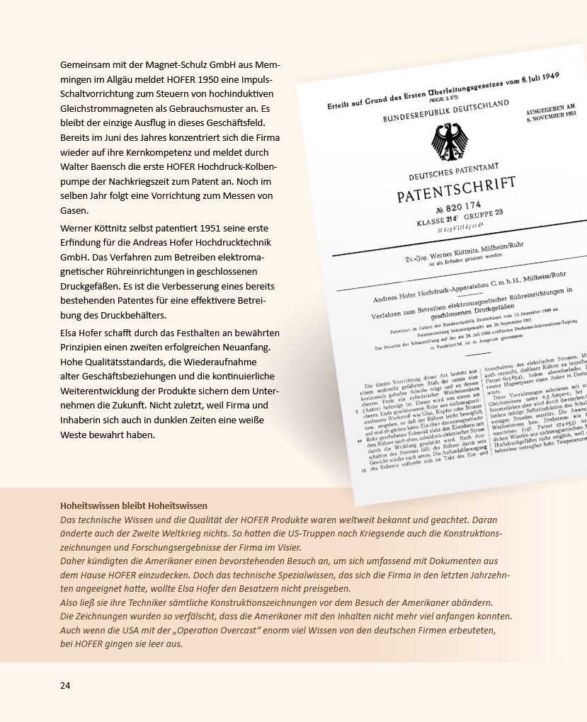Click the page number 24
(x=65, y=685)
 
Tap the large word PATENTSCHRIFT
(x=456, y=190)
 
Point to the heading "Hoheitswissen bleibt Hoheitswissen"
(x=134, y=505)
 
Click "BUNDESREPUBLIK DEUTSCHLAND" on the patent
(x=445, y=112)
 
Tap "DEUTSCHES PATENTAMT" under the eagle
(x=452, y=171)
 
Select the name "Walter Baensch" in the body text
(x=93, y=166)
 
